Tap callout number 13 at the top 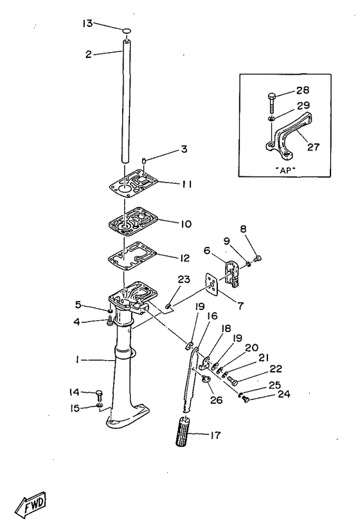(87, 24)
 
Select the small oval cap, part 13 (127, 31)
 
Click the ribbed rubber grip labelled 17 (183, 432)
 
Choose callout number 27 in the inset (313, 147)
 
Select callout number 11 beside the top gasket (186, 184)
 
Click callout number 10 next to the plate (186, 224)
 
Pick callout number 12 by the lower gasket (184, 258)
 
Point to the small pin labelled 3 (143, 160)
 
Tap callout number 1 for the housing (78, 360)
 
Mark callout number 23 (184, 279)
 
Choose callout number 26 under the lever (217, 400)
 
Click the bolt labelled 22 (233, 380)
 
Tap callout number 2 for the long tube (89, 55)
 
